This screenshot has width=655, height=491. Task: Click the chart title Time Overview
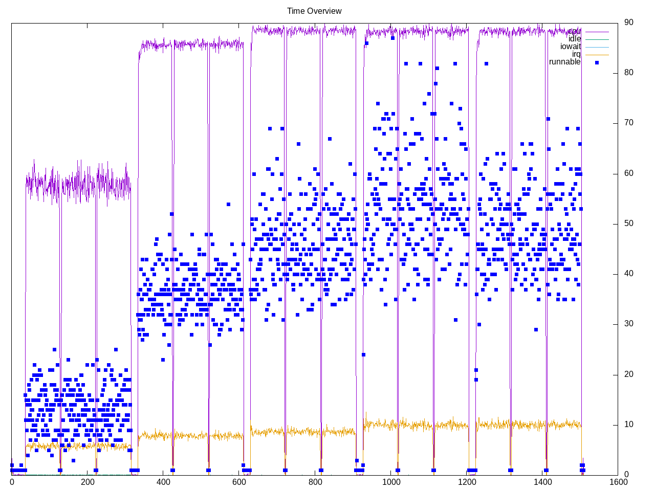[x=314, y=11]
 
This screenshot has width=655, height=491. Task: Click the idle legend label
[x=575, y=39]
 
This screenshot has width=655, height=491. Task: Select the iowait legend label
[x=571, y=47]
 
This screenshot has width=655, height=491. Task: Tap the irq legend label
[x=577, y=54]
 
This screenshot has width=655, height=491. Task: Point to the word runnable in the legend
[x=565, y=62]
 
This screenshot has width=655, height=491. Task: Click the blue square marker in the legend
[x=597, y=62]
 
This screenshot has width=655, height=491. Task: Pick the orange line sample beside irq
[x=597, y=55]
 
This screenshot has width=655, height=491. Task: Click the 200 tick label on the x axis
[x=88, y=482]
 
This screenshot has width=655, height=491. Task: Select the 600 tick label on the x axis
[x=239, y=482]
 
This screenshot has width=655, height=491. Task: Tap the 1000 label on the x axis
[x=390, y=482]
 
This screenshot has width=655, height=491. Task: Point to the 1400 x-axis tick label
[x=542, y=482]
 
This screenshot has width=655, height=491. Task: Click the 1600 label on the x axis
[x=618, y=482]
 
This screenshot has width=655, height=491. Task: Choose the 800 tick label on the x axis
[x=315, y=482]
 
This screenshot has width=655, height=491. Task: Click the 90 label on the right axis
[x=628, y=23]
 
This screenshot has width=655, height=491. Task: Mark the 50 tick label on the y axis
[x=628, y=224]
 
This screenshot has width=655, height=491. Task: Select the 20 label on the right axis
[x=628, y=374]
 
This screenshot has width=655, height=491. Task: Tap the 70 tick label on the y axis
[x=628, y=123]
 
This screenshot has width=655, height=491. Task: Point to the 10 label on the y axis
[x=628, y=425]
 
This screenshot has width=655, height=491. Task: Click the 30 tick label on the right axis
[x=628, y=324]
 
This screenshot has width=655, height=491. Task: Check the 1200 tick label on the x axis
[x=467, y=482]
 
